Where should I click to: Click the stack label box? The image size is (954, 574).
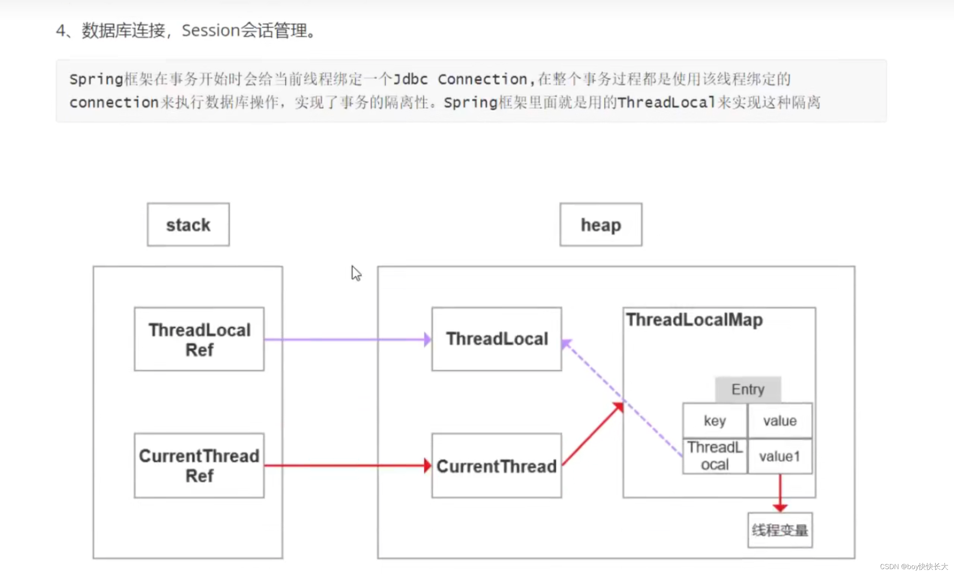188,225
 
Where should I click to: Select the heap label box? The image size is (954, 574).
601,225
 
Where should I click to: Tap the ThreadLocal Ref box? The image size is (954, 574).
199,339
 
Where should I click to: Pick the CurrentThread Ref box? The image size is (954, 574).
199,465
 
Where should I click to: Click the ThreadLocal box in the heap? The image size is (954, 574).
497,339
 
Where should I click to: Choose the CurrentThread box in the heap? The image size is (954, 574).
497,465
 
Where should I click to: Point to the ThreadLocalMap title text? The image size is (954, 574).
694,320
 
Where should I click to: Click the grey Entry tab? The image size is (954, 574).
748,389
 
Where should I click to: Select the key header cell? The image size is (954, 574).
715,421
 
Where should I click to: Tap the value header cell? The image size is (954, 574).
780,421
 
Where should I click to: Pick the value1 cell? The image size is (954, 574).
780,457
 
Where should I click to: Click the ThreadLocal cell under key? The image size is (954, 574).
715,457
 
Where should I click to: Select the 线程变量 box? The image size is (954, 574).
780,530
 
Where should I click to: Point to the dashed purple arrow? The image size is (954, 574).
623,398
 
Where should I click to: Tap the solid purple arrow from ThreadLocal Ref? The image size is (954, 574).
348,340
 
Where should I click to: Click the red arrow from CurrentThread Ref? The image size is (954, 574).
348,465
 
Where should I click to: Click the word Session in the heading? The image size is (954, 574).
211,30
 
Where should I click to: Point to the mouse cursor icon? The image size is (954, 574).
355,273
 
